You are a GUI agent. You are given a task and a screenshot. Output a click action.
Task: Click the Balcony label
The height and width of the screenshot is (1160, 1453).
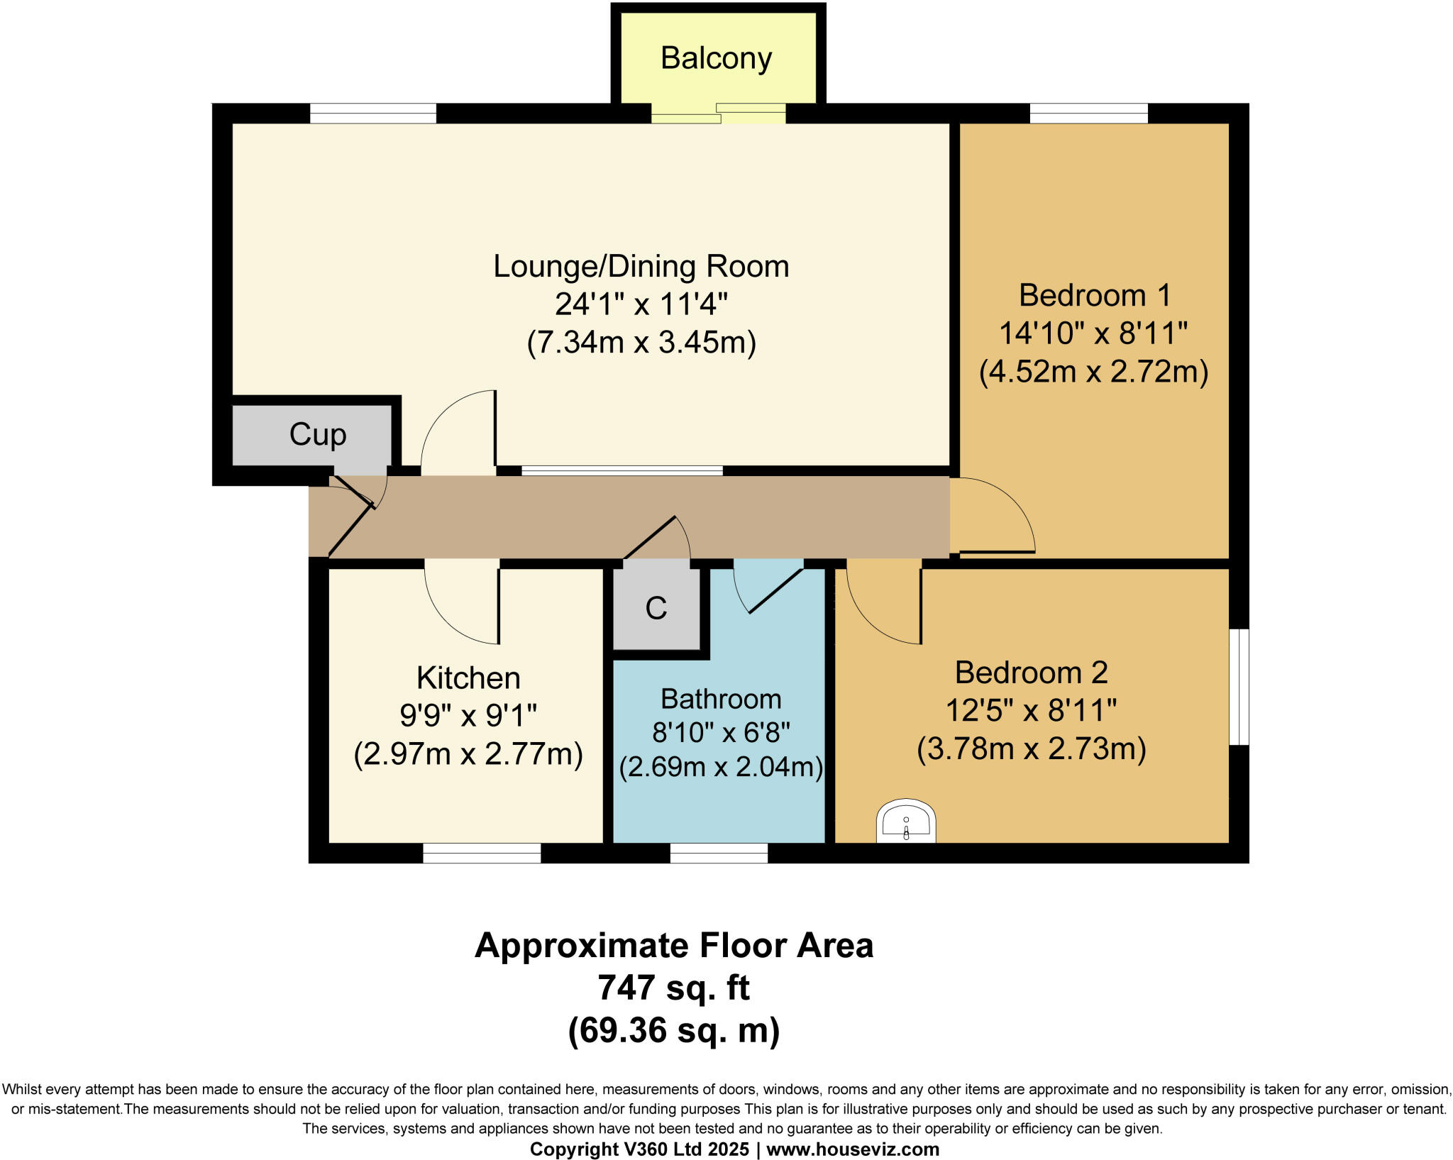(716, 58)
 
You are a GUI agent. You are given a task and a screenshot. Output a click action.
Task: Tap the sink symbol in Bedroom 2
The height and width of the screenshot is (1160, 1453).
(906, 822)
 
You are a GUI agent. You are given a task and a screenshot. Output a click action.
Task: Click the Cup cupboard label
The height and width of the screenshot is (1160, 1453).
(317, 434)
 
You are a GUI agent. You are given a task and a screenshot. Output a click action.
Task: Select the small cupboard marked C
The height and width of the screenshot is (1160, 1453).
(656, 608)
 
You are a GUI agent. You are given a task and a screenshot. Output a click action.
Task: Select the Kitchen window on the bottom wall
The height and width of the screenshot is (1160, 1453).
(482, 853)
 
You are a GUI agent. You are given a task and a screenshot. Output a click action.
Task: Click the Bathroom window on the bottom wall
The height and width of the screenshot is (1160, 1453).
(719, 853)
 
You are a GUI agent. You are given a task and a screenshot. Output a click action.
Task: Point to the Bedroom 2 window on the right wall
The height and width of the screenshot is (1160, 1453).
(1239, 686)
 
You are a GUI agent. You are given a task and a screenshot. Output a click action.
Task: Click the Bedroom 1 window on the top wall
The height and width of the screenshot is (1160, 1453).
(1088, 113)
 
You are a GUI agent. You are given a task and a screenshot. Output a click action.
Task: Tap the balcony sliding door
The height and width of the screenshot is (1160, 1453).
(718, 114)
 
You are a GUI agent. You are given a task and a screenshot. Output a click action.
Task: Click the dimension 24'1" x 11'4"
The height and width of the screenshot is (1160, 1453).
(641, 304)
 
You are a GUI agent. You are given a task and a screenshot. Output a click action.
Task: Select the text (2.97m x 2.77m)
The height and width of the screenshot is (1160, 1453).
(468, 753)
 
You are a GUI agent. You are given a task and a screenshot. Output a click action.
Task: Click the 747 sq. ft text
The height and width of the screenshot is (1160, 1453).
(673, 987)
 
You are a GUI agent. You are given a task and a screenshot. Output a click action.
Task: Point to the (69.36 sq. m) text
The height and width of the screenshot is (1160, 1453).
(673, 1029)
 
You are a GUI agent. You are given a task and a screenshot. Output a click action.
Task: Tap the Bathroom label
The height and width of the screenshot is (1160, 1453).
(721, 699)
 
